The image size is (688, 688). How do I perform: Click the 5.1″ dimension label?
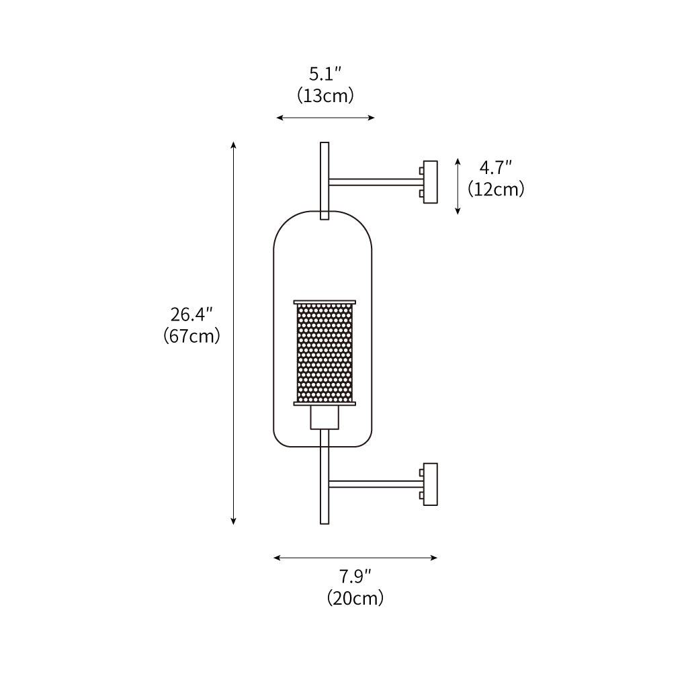point(325,74)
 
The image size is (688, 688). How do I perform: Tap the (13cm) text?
point(325,95)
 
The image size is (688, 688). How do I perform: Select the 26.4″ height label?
point(191,314)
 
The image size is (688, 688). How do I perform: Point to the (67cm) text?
point(191,336)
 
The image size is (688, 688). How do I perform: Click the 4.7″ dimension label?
point(496,167)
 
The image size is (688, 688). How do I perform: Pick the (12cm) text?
point(496,189)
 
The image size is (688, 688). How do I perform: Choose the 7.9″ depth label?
point(355,576)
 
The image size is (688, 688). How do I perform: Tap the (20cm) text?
point(355,598)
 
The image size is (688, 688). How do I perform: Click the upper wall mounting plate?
point(431,181)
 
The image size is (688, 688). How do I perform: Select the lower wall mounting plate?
point(431,484)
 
